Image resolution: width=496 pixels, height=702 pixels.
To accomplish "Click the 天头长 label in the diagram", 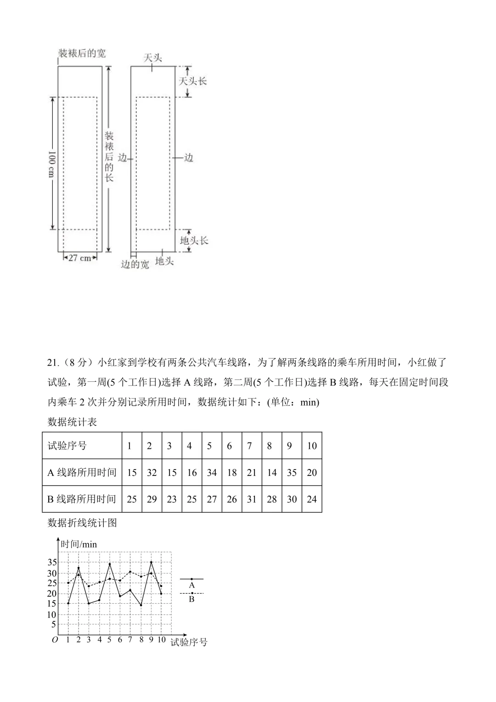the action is tap(192, 81).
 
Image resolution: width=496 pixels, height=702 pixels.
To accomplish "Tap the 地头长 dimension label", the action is tap(194, 240).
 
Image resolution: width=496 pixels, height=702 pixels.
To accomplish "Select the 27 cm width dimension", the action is tap(80, 258).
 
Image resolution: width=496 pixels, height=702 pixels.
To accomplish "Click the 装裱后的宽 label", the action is tap(81, 53).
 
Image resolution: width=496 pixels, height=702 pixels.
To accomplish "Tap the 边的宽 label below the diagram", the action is tap(135, 265).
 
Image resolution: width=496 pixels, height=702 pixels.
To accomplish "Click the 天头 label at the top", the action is tap(152, 58).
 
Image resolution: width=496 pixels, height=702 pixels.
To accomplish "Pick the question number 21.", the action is tap(53, 362).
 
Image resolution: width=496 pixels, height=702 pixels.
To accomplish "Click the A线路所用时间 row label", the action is tap(82, 472).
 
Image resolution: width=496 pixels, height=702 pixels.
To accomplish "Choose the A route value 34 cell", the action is tap(212, 472).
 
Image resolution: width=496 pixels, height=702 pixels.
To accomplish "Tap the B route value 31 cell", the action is tap(252, 499).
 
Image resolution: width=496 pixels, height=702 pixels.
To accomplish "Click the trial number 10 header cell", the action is tap(312, 446).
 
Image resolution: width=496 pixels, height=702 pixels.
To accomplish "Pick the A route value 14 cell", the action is tap(272, 472).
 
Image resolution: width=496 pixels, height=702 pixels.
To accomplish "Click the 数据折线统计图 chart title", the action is tap(82, 523).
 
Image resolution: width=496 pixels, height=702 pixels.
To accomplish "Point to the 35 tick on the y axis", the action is tap(52, 562).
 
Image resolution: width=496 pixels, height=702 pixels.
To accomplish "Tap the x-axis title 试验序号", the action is tap(189, 642).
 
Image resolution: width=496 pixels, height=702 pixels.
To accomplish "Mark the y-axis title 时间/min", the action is tap(79, 544).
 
